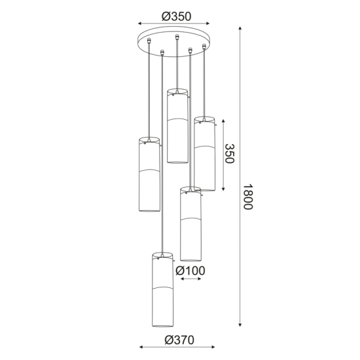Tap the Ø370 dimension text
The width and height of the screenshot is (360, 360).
tap(177, 340)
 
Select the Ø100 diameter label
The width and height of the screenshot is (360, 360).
tap(190, 270)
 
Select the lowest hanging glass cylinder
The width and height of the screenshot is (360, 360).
tap(160, 289)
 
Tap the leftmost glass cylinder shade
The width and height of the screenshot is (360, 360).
tap(149, 175)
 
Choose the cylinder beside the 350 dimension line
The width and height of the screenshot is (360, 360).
tap(204, 153)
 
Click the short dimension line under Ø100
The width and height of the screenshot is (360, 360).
tap(190, 279)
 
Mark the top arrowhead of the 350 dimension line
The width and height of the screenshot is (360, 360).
tap(223, 122)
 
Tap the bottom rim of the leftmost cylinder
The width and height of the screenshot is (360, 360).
tap(149, 212)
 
